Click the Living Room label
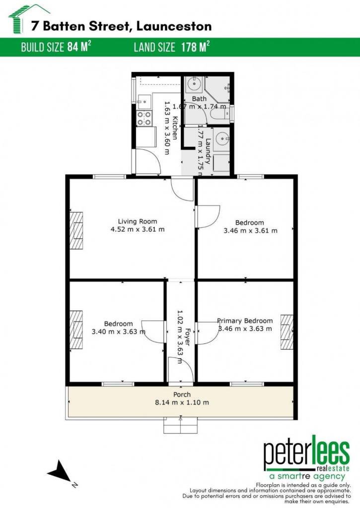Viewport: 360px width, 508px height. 138,222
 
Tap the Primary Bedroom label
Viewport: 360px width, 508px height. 245,321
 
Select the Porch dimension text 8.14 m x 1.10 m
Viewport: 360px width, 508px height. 182,402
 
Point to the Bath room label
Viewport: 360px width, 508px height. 199,99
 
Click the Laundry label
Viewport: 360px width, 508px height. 208,152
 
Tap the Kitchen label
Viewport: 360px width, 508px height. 175,128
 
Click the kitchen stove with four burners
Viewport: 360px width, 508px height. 144,118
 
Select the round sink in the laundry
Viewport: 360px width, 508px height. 221,139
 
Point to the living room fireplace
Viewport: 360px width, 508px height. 76,230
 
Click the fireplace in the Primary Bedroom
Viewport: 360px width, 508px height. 287,332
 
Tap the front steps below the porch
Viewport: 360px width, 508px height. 180,425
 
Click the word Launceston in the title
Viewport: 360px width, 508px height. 174,26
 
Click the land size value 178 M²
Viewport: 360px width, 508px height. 195,47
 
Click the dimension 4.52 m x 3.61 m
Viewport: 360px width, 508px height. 138,229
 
